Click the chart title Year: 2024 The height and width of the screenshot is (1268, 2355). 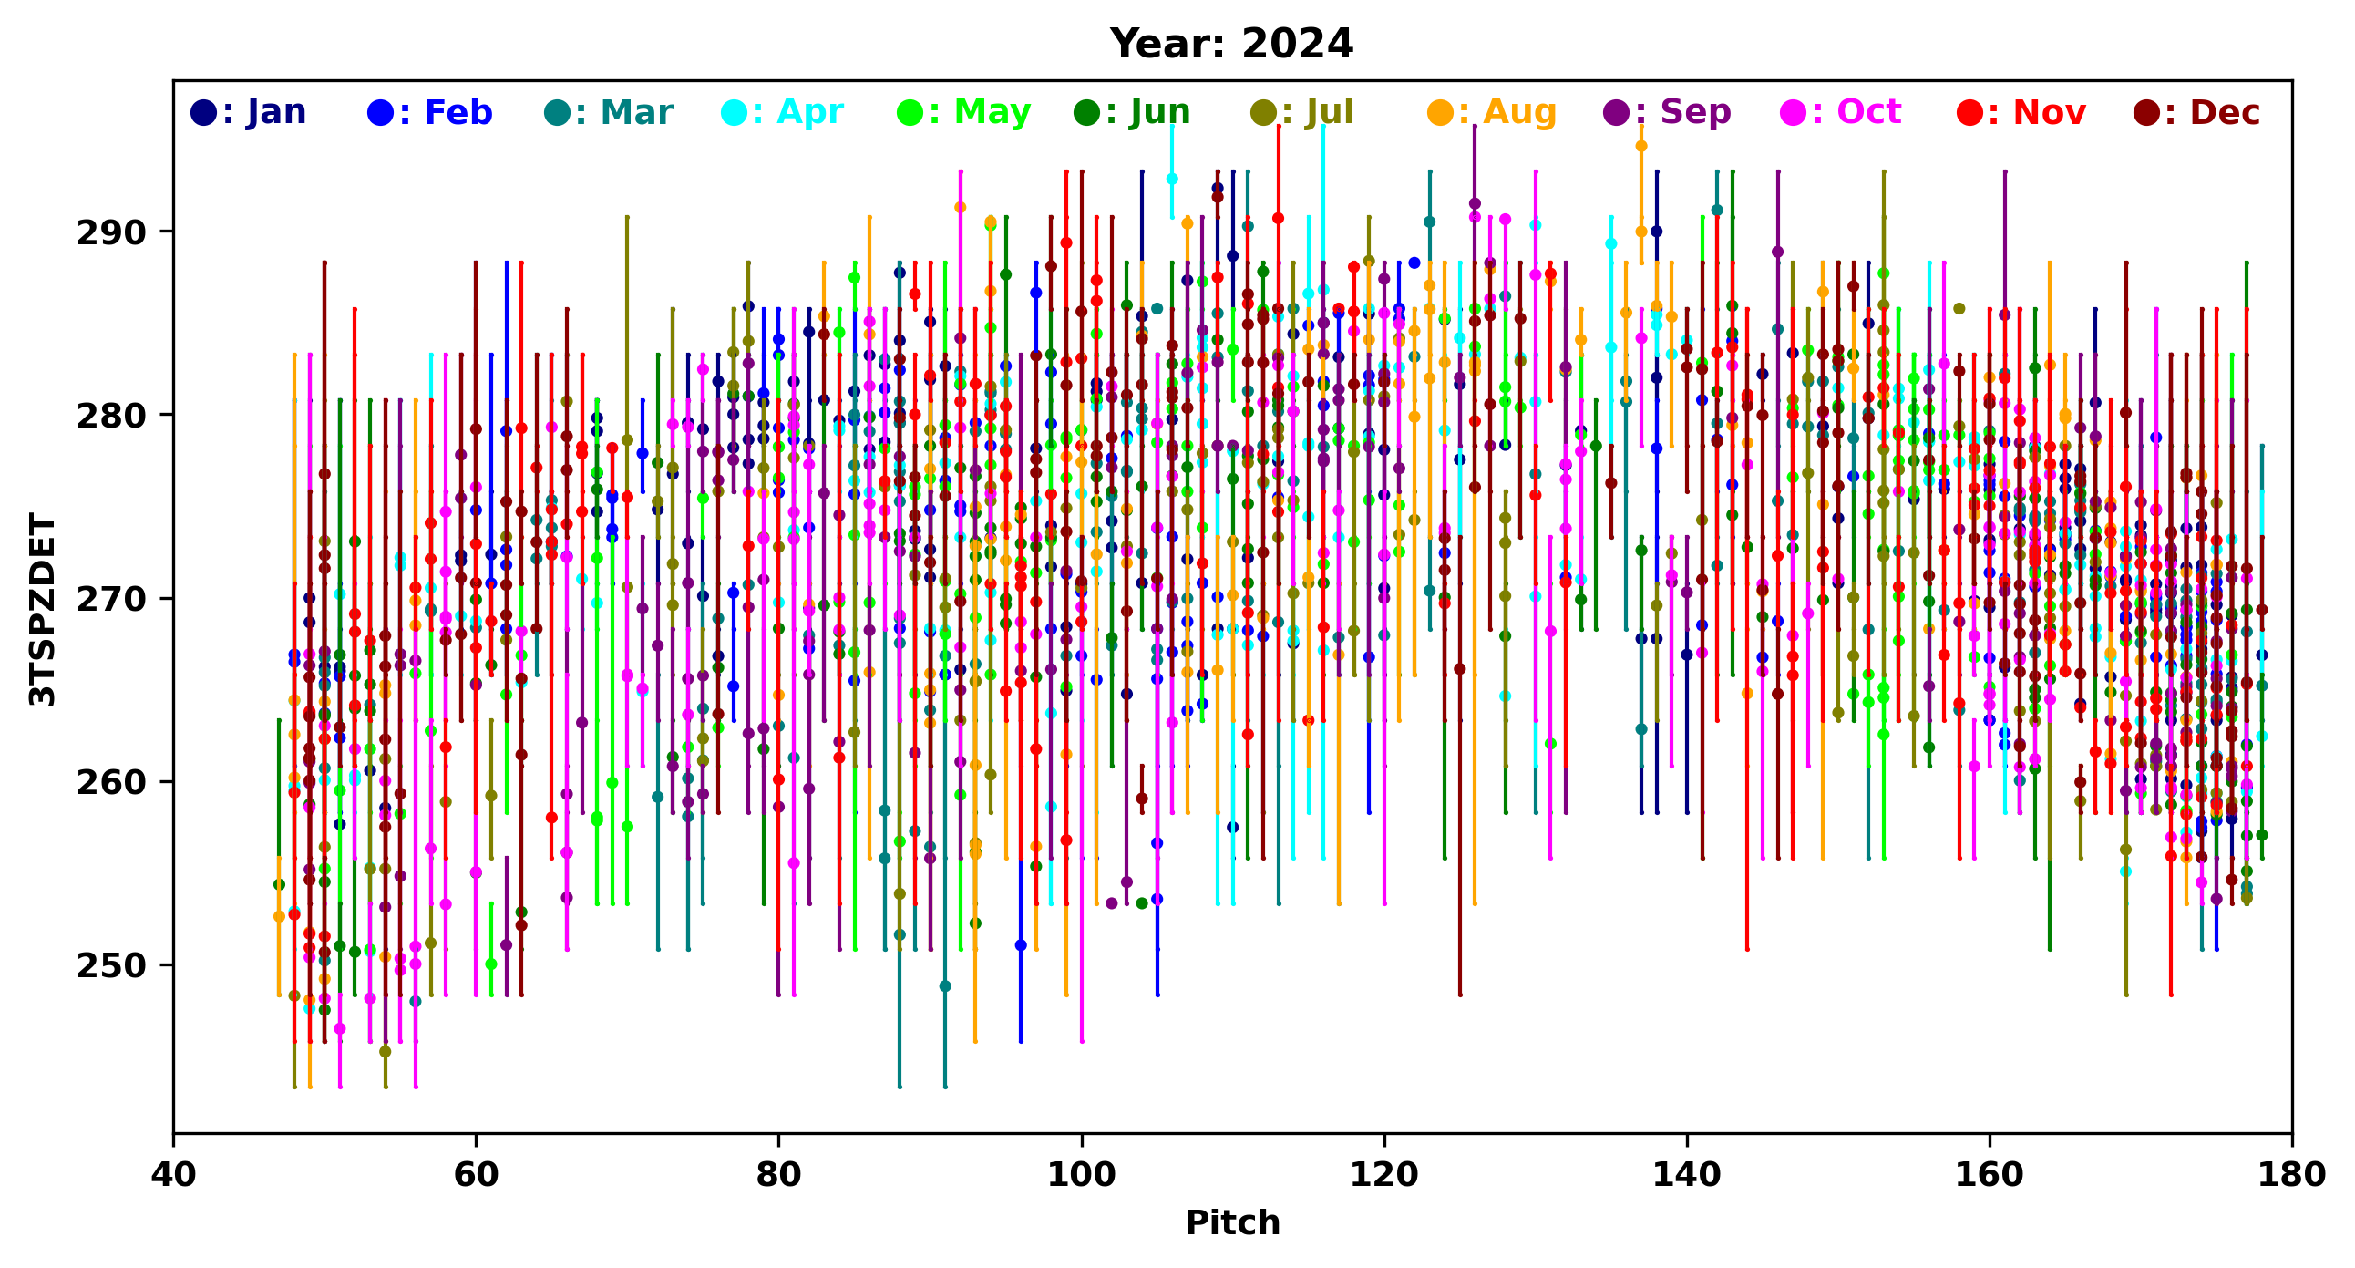pos(1230,44)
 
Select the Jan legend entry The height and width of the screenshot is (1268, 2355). pos(248,112)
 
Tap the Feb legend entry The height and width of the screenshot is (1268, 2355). pos(429,112)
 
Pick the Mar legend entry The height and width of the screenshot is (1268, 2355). pos(608,112)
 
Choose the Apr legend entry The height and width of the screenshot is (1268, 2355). pos(783,112)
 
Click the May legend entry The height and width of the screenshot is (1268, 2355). pos(963,112)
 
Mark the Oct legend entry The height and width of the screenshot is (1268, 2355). pos(1841,112)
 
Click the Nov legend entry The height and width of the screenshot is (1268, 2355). pos(2021,112)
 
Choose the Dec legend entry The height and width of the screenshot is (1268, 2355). pos(2196,112)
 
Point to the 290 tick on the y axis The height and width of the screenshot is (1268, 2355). pos(111,233)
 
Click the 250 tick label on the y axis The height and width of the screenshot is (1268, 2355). pos(111,966)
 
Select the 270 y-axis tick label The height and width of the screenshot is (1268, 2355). pos(111,600)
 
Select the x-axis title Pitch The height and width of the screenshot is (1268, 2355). pos(1231,1223)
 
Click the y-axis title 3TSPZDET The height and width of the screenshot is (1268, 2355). pos(42,609)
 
